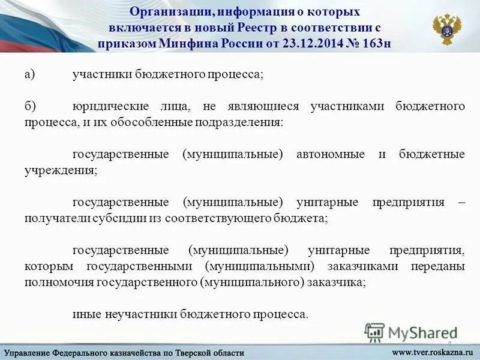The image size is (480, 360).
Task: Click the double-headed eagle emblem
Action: point(447,29)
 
